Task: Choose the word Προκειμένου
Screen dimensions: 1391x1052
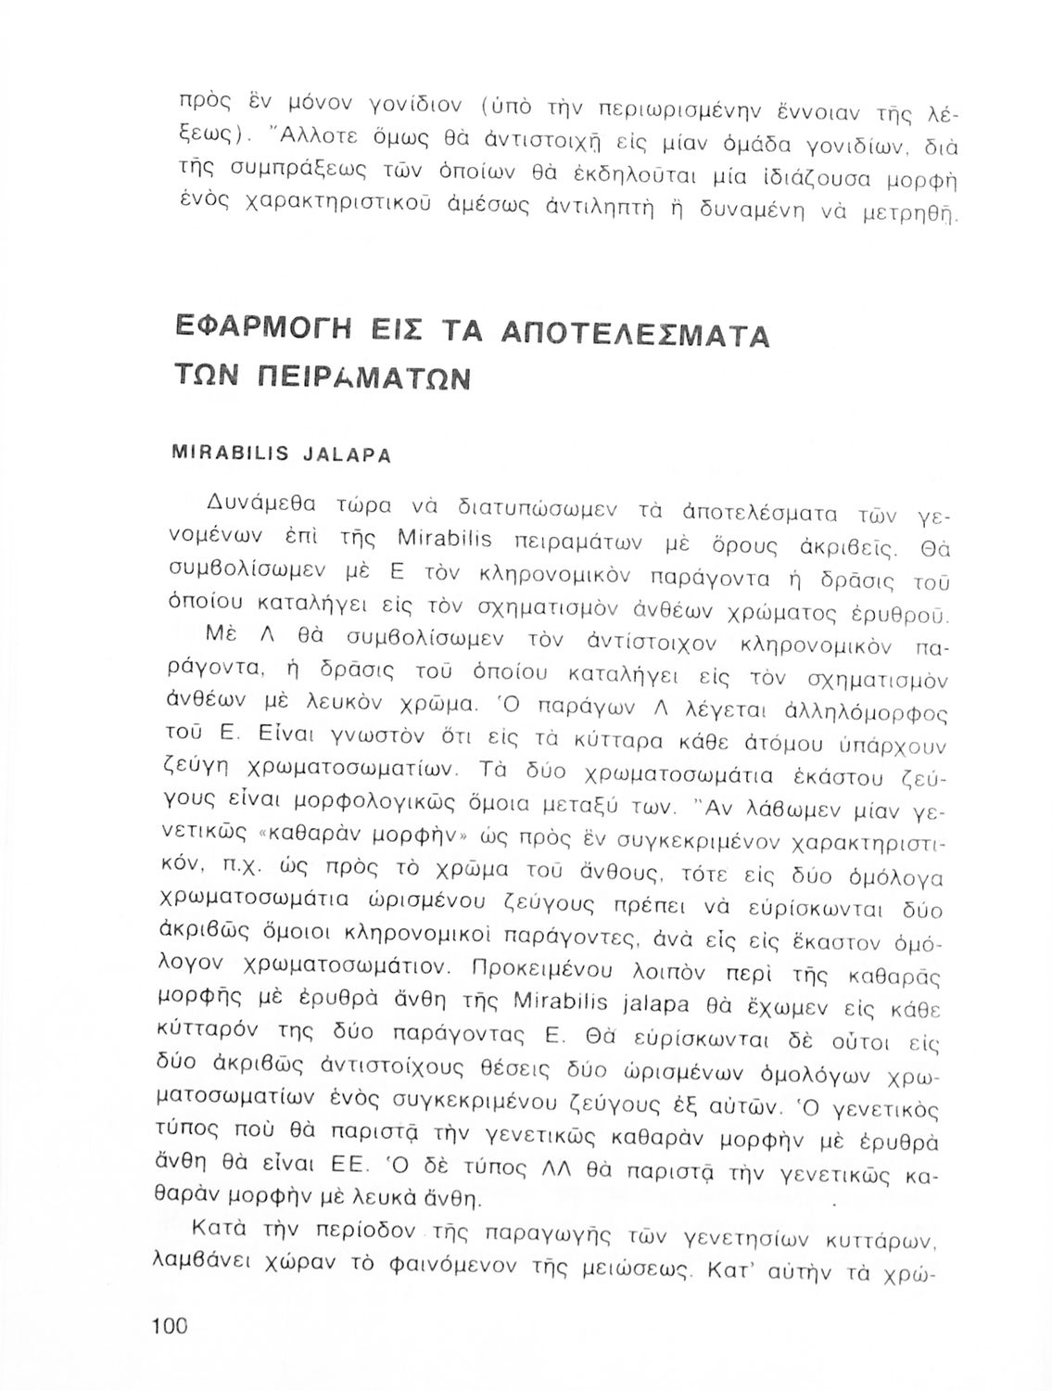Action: [550, 970]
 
